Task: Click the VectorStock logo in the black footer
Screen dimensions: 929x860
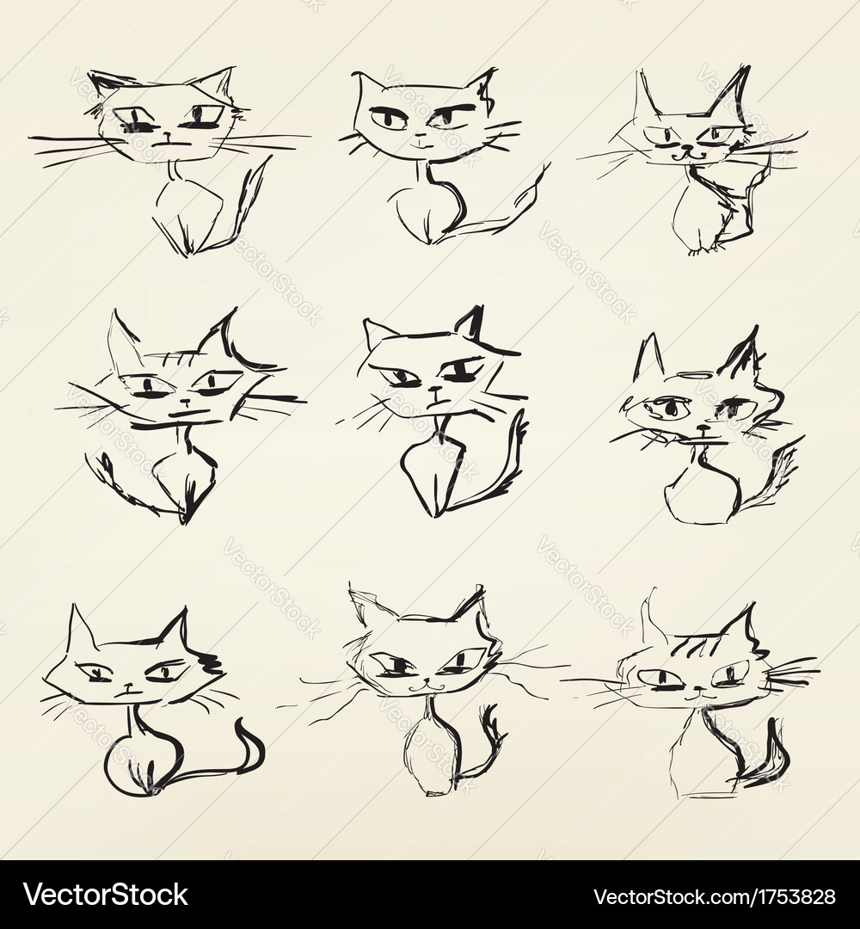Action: click(x=106, y=895)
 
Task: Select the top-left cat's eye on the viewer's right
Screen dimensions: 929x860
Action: click(x=204, y=116)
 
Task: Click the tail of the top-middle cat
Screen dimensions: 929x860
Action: click(x=507, y=211)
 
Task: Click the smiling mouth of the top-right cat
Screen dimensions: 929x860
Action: click(x=685, y=156)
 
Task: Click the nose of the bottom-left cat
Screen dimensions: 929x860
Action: click(x=127, y=686)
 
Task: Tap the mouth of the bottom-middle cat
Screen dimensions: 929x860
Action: click(x=421, y=686)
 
